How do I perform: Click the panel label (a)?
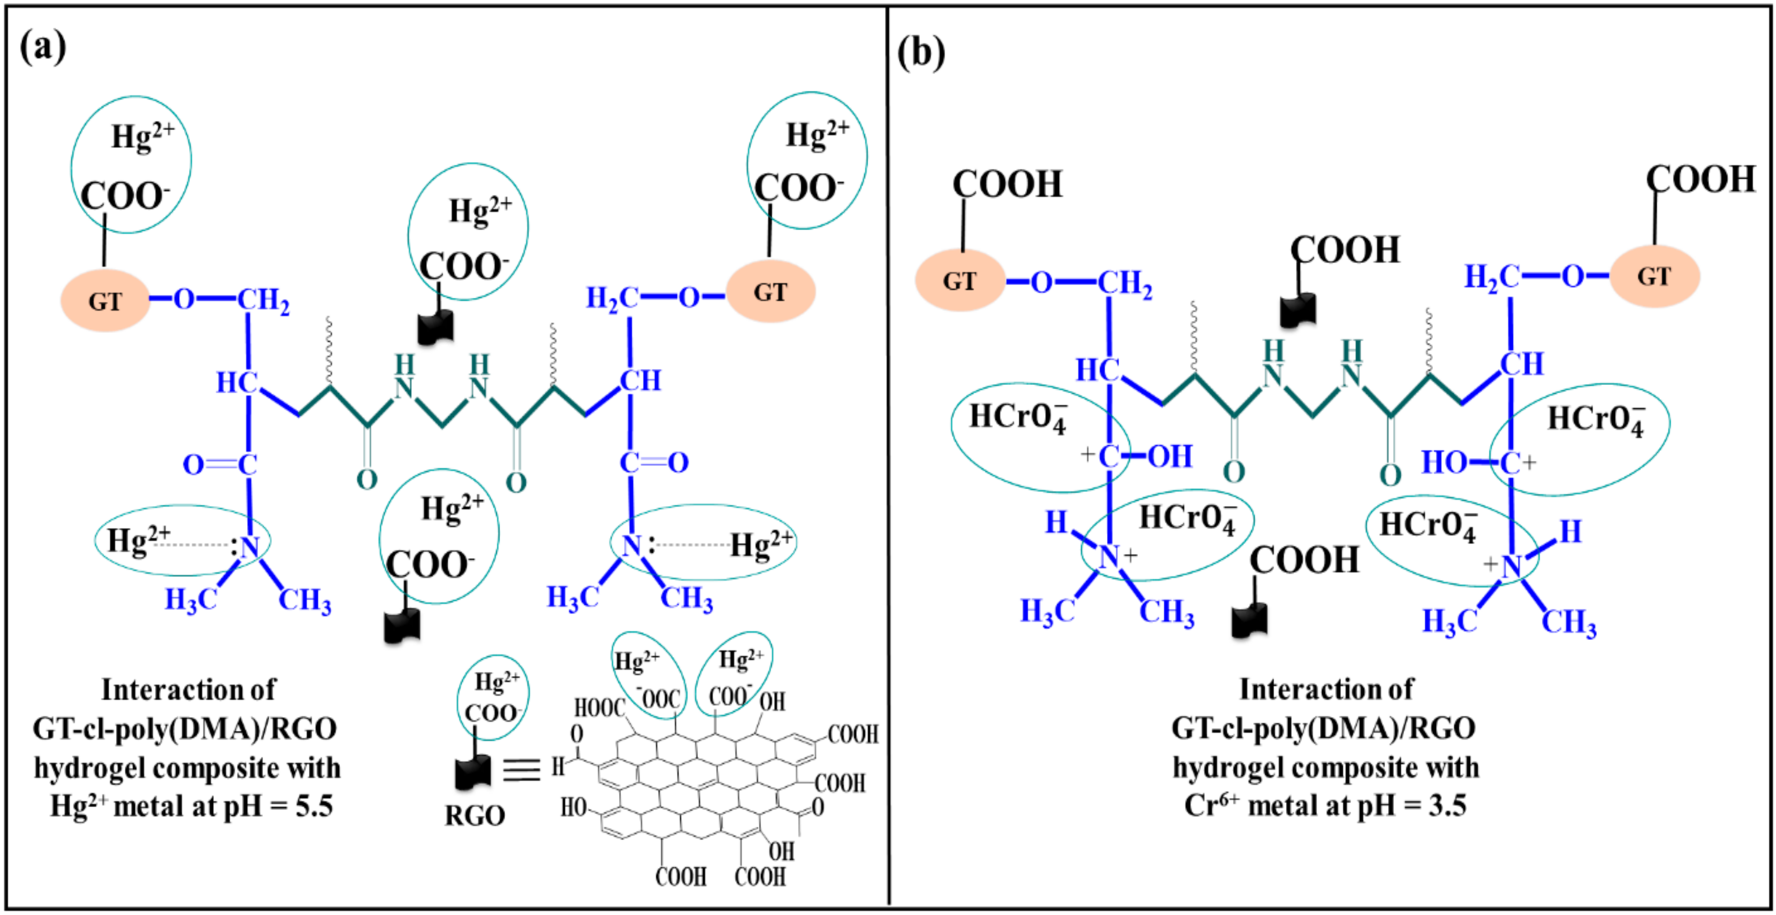click(43, 47)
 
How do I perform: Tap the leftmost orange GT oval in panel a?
click(105, 301)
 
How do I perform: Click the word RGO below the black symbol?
click(475, 816)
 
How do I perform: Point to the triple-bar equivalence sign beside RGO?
click(521, 769)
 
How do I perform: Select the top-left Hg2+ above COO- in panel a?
click(143, 136)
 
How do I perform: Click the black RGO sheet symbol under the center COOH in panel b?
click(1298, 310)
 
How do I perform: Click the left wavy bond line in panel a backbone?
click(329, 350)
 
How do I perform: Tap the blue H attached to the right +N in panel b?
click(1570, 532)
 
